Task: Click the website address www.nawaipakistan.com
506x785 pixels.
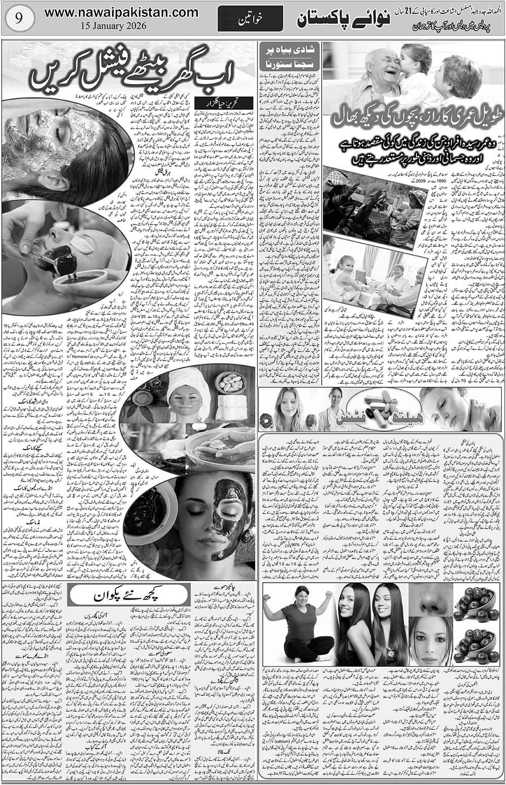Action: (121, 11)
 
